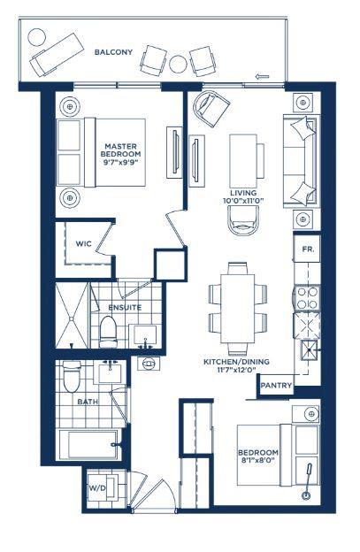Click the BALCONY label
(113, 52)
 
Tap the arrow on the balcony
(262, 76)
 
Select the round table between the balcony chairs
(178, 64)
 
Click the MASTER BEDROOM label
(120, 150)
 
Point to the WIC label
(84, 243)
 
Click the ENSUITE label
(125, 307)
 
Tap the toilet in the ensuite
(108, 332)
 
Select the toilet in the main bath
(73, 376)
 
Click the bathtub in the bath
(88, 445)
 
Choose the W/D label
(97, 488)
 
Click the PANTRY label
(276, 386)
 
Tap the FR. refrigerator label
(309, 249)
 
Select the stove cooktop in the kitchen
(307, 298)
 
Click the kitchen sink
(310, 350)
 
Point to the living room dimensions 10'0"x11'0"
(243, 201)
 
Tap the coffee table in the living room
(243, 161)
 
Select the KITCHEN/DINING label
(236, 362)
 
